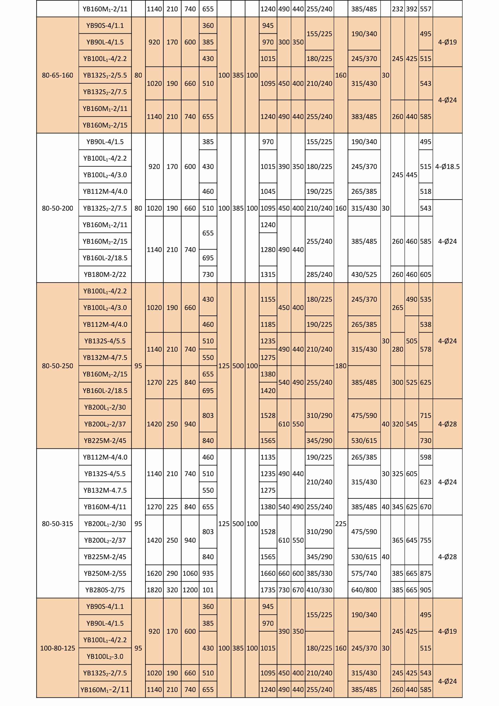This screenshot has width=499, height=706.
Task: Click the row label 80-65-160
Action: tap(57, 75)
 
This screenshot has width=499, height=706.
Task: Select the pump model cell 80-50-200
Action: tap(57, 208)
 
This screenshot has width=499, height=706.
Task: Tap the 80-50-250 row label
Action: tap(57, 366)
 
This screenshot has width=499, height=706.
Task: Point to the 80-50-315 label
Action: tap(57, 524)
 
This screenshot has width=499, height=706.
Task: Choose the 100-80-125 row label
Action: tap(57, 648)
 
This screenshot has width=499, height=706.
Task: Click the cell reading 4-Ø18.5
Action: tap(447, 167)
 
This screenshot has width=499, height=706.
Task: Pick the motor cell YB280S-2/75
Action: tap(105, 590)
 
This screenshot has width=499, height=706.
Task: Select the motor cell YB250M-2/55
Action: tap(105, 574)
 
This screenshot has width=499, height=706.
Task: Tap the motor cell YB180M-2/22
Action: tap(105, 275)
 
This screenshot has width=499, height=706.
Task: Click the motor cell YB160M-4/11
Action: tap(105, 507)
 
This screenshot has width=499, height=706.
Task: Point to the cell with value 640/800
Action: tap(364, 590)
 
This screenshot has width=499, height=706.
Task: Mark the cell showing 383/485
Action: tap(364, 117)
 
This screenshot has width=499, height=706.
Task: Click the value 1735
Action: tap(268, 590)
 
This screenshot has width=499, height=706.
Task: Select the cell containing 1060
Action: tap(190, 574)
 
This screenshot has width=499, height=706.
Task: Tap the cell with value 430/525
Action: tap(364, 275)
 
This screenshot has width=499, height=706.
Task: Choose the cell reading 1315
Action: tap(268, 275)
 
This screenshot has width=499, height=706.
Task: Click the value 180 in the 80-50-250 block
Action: tap(341, 366)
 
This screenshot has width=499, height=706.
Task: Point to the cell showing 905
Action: tap(426, 590)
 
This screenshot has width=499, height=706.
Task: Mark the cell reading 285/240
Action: tap(319, 275)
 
